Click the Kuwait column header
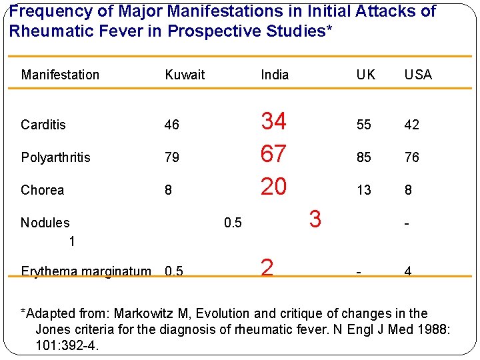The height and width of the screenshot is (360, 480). click(185, 75)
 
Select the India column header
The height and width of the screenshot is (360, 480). click(275, 75)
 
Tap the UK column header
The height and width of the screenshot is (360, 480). click(365, 75)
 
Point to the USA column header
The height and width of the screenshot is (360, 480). click(418, 75)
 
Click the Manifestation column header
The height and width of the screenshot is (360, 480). click(60, 75)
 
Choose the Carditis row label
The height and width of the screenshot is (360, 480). click(43, 125)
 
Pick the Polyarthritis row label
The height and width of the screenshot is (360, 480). click(56, 157)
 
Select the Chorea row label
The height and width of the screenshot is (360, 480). click(43, 190)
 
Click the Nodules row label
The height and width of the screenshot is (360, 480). click(45, 223)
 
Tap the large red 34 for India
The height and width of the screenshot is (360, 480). click(273, 121)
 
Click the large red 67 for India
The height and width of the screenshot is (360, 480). click(273, 154)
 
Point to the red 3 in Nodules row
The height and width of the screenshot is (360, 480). click(315, 219)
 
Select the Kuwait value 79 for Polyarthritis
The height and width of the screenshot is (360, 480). click(172, 157)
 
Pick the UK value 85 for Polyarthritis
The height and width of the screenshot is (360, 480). click(363, 157)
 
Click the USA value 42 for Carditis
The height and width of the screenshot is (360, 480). click(412, 125)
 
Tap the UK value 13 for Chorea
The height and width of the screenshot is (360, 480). click(363, 190)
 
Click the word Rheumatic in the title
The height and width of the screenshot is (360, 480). click(45, 31)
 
